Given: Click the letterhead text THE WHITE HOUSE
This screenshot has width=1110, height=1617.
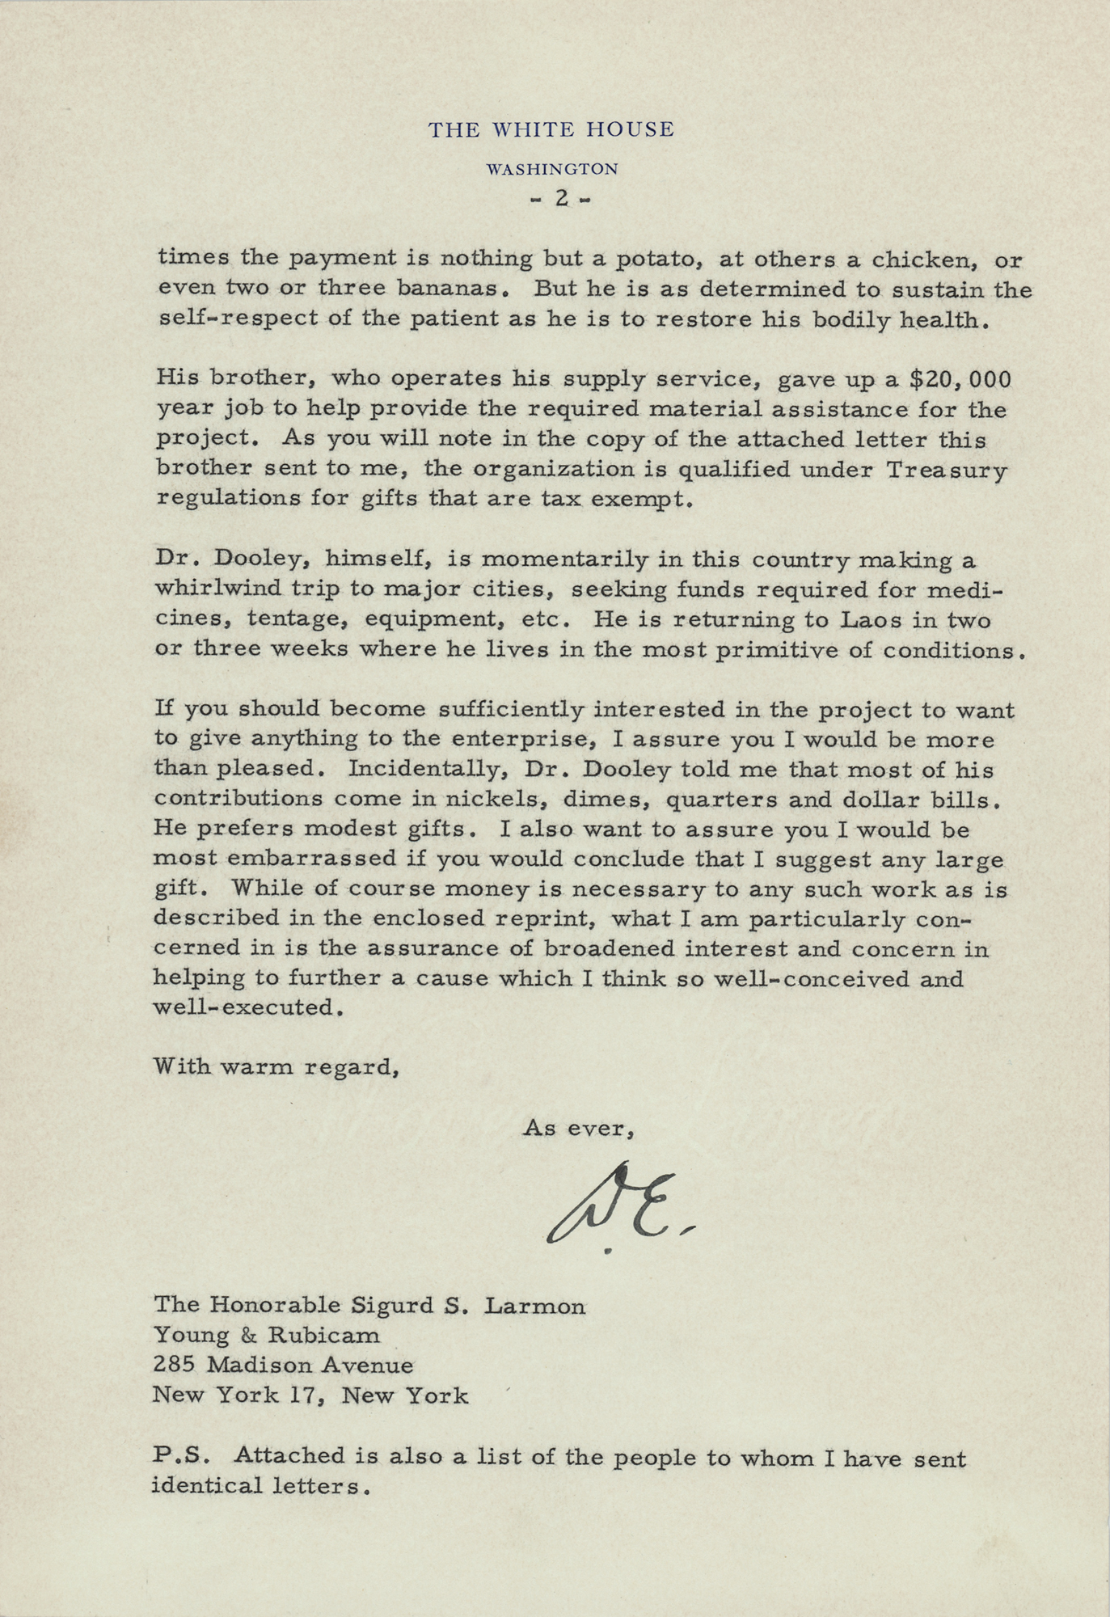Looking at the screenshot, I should tap(551, 129).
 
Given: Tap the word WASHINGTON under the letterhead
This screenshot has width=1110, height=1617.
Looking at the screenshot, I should tap(552, 169).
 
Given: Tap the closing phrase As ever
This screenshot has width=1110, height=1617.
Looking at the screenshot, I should tap(577, 1128).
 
